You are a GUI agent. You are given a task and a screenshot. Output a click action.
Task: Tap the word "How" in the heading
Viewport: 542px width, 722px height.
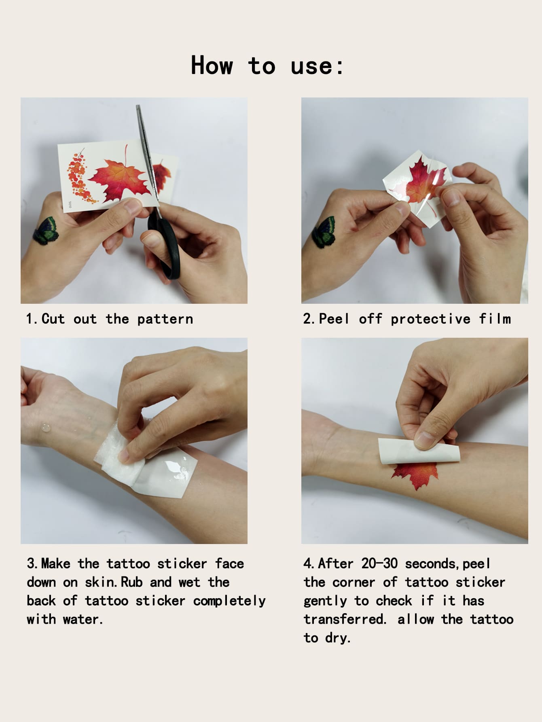pyautogui.click(x=212, y=65)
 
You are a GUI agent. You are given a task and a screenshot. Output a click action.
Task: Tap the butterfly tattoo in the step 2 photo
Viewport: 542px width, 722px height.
pyautogui.click(x=325, y=232)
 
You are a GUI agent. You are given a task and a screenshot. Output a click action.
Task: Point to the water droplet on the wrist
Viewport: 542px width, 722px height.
pyautogui.click(x=45, y=428)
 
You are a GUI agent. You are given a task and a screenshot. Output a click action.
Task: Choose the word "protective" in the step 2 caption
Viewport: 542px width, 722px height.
pyautogui.click(x=430, y=319)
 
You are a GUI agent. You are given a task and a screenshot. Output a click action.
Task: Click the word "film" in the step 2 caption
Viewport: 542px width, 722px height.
pyautogui.click(x=495, y=319)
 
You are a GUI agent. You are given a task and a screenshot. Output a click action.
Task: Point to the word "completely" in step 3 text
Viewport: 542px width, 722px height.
pyautogui.click(x=229, y=601)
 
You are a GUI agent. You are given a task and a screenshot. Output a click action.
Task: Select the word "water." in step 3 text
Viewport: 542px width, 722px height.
pyautogui.click(x=83, y=619)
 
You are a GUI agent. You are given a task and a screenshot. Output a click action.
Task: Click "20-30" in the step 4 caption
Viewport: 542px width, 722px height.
pyautogui.click(x=379, y=563)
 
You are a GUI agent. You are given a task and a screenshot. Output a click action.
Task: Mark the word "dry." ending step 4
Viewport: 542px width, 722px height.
pyautogui.click(x=338, y=638)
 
